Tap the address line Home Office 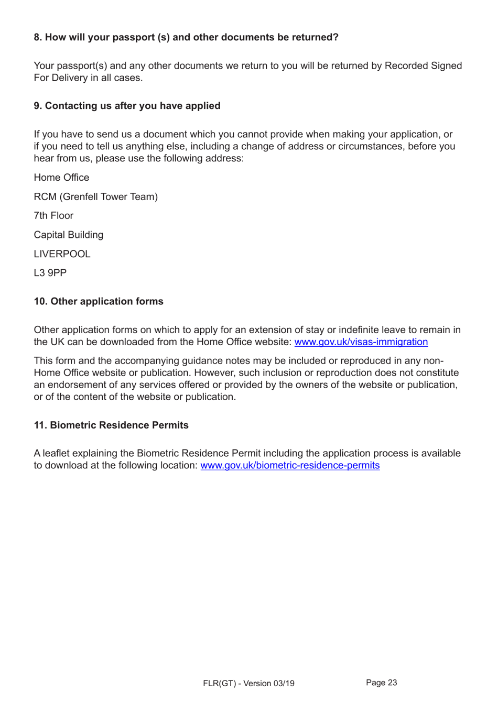coord(61,178)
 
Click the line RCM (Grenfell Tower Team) coord(95,197)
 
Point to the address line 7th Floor coord(53,216)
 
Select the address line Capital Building coord(68,235)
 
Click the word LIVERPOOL coord(62,254)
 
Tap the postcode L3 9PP coord(50,273)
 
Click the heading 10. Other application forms coord(99,301)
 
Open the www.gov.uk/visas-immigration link coord(361,342)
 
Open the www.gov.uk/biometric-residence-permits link coord(290,466)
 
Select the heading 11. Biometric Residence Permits coord(111,425)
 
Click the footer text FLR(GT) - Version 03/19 coord(248,684)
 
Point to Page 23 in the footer coord(381,683)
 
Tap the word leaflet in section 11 coord(58,454)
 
